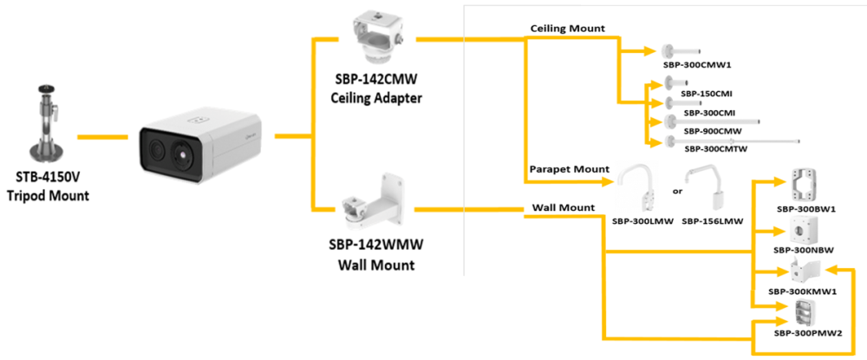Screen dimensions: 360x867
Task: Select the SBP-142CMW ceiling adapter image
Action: click(375, 39)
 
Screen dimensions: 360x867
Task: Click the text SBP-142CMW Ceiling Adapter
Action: click(376, 90)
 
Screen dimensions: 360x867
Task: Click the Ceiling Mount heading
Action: click(568, 29)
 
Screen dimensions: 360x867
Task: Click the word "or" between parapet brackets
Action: click(677, 191)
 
